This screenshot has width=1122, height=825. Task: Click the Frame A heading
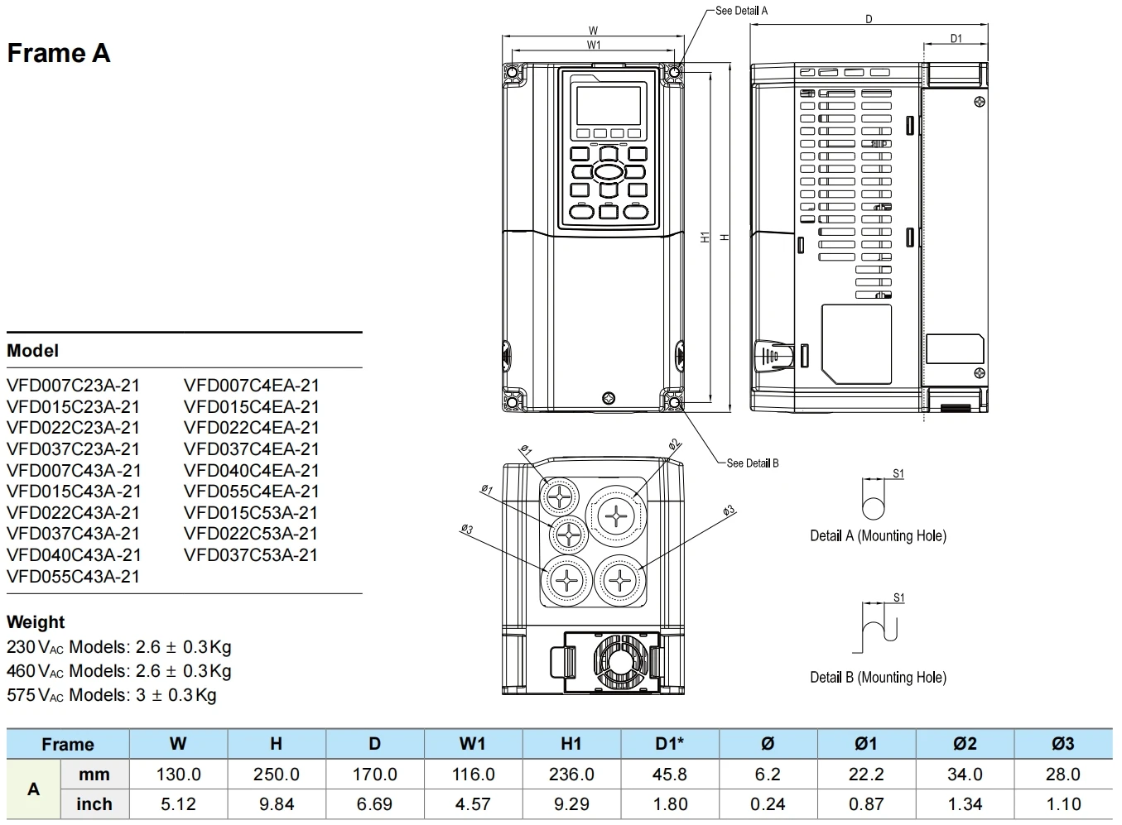tap(59, 54)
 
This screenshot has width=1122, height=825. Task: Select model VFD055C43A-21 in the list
tap(74, 576)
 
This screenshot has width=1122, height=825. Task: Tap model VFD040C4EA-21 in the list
tap(252, 470)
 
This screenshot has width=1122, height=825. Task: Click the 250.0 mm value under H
tap(277, 775)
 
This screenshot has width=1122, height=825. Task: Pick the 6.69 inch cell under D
tap(375, 803)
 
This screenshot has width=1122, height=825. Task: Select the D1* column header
tap(670, 743)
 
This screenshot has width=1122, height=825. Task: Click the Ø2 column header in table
tap(965, 743)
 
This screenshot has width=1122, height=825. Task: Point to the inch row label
tap(94, 803)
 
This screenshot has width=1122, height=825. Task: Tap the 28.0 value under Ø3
tap(1062, 775)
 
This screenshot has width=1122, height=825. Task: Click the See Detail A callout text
tap(741, 11)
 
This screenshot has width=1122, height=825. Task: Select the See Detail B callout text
tap(752, 463)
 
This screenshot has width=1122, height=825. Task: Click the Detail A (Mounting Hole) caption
tap(878, 535)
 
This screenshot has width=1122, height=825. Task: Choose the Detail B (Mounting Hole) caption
tap(878, 677)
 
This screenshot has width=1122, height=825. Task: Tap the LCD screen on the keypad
tap(609, 104)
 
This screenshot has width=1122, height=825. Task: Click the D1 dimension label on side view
tap(956, 39)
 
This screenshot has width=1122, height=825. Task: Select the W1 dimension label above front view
tap(594, 45)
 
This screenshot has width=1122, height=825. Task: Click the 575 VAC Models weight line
tap(112, 695)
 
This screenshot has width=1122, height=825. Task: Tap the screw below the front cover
tap(609, 397)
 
